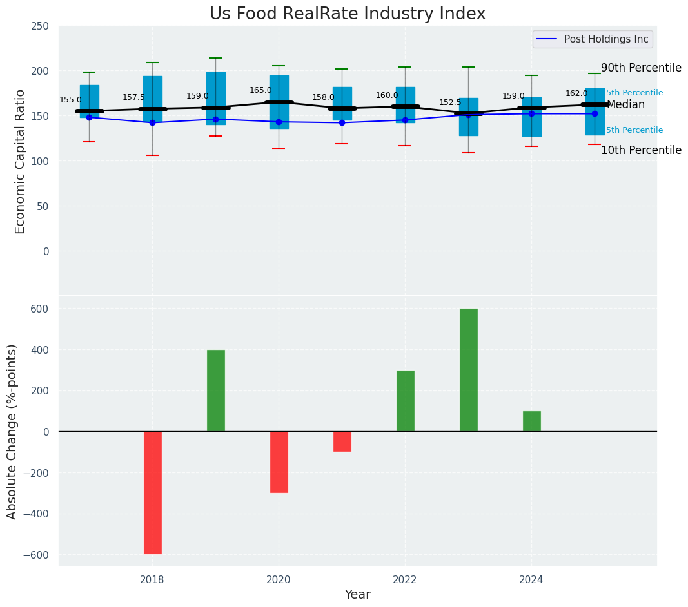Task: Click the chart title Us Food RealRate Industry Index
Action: point(347,14)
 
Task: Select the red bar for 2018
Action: point(153,492)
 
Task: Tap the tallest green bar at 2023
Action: point(469,370)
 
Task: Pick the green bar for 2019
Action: point(216,390)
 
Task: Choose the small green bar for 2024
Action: point(532,421)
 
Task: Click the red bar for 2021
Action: point(342,441)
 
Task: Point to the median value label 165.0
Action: point(261,91)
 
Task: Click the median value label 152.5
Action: point(451,103)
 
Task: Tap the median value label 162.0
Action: point(576,94)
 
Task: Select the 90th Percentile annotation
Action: point(641,68)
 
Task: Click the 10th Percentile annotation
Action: point(641,151)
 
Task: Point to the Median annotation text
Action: point(625,105)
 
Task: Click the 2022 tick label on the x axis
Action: point(405,580)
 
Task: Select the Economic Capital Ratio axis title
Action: point(20,161)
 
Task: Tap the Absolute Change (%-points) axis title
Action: point(12,431)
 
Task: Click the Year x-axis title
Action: point(357,595)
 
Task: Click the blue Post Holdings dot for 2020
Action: point(279,122)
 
